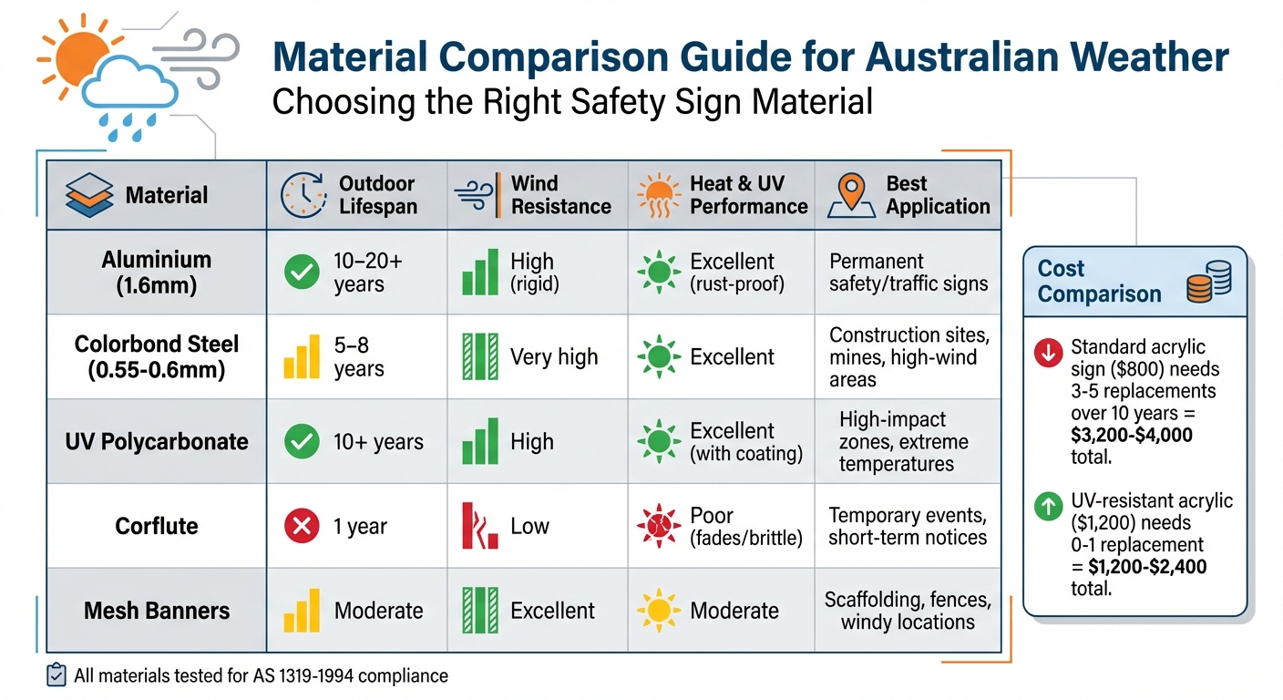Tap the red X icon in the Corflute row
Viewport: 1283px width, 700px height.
(x=303, y=527)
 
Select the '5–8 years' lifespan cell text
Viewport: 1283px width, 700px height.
(x=359, y=357)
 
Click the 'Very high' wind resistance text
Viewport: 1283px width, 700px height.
(x=554, y=357)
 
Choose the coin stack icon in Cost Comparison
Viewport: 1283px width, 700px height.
(x=1208, y=282)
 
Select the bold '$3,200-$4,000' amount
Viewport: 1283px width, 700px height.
(x=1132, y=436)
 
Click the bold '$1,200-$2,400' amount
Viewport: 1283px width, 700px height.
(x=1148, y=567)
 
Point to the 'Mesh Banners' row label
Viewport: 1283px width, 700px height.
(x=157, y=611)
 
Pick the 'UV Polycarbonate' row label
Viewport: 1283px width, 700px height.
(x=157, y=442)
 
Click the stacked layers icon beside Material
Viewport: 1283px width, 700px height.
(x=90, y=195)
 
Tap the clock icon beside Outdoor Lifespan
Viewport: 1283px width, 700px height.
(x=302, y=194)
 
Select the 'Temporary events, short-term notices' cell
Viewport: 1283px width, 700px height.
(x=907, y=526)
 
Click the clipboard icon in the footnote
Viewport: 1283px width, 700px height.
(x=56, y=675)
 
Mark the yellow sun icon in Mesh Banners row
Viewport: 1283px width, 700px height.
(x=659, y=611)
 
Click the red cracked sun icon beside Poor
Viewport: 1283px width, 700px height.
(x=659, y=527)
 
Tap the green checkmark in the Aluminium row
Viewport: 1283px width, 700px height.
(x=303, y=273)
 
